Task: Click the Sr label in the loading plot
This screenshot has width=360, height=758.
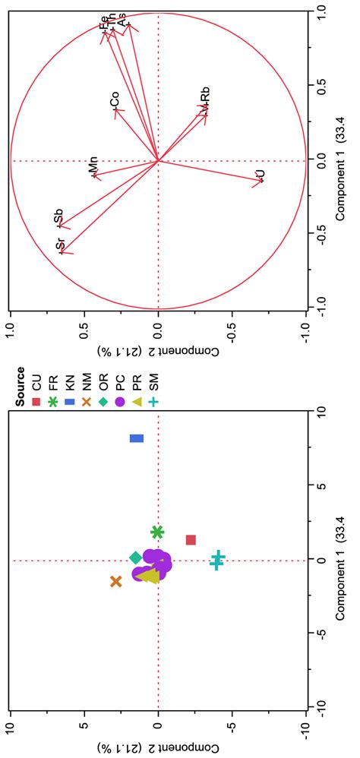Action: (x=61, y=245)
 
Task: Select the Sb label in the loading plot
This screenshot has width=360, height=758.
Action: (x=59, y=218)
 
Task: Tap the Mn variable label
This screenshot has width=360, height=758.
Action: (x=93, y=166)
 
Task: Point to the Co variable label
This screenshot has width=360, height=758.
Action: (x=114, y=101)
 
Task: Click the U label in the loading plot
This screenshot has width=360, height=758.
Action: (x=260, y=176)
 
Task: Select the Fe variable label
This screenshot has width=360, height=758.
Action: (x=104, y=23)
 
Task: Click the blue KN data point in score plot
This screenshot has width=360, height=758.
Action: (x=137, y=438)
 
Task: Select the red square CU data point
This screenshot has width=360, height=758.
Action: (x=191, y=540)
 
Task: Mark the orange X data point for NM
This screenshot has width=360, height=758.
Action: (x=116, y=581)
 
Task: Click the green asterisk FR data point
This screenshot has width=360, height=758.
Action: (x=158, y=532)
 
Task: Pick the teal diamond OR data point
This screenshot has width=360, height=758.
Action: (x=136, y=558)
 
